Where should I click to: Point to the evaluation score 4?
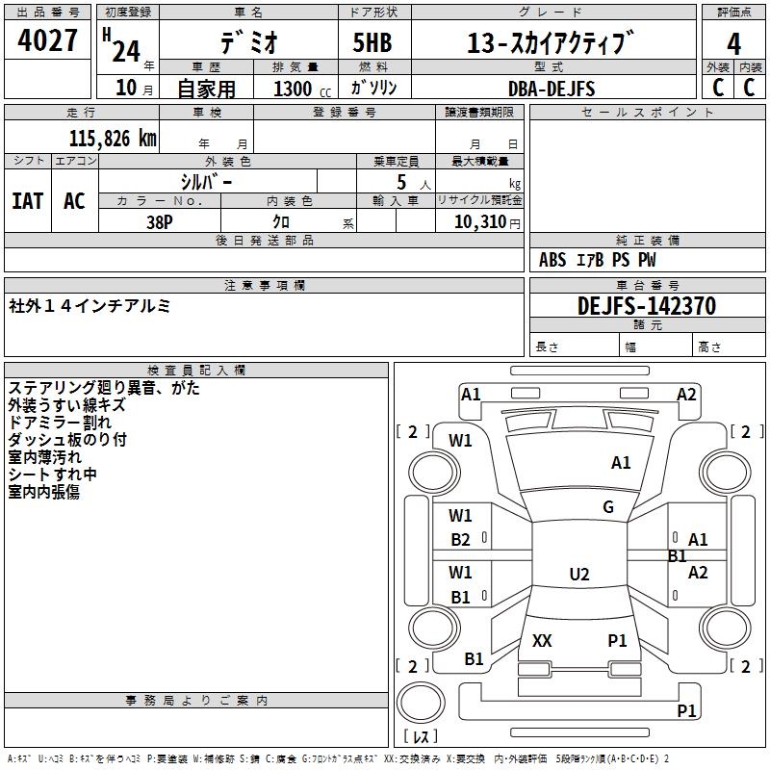[734, 44]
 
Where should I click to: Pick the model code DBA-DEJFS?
[552, 89]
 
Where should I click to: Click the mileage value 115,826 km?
[113, 139]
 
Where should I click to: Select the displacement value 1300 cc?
[295, 89]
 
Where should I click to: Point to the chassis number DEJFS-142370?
[647, 306]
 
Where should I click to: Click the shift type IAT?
[27, 201]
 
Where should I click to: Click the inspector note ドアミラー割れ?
[60, 423]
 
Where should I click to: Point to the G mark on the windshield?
[608, 507]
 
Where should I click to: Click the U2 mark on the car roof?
[578, 575]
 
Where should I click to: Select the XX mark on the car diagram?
[542, 641]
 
